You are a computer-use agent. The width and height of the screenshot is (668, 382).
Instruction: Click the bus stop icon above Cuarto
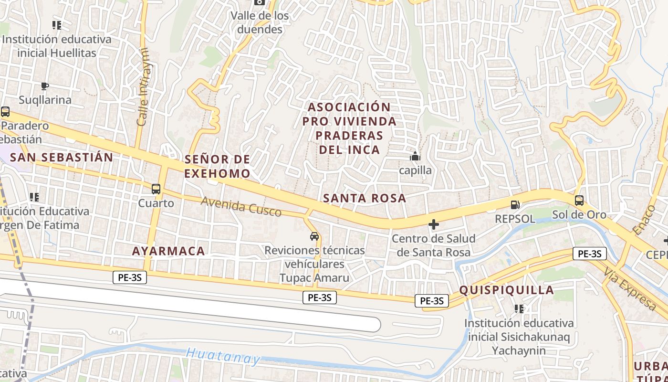pyautogui.click(x=156, y=189)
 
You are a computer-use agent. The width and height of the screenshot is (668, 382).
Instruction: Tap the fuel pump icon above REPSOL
pyautogui.click(x=515, y=205)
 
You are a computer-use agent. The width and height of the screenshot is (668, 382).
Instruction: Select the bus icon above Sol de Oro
pyautogui.click(x=579, y=201)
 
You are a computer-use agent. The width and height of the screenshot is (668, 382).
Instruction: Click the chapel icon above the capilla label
pyautogui.click(x=415, y=156)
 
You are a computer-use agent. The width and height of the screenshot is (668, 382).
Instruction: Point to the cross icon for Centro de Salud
pyautogui.click(x=434, y=224)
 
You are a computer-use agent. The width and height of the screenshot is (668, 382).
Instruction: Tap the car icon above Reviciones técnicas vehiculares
pyautogui.click(x=314, y=236)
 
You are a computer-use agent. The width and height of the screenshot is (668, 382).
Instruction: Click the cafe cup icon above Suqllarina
pyautogui.click(x=45, y=86)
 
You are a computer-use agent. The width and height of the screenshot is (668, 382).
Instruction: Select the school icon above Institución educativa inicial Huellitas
pyautogui.click(x=57, y=25)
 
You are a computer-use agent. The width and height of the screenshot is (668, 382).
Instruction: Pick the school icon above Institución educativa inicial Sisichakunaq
pyautogui.click(x=519, y=308)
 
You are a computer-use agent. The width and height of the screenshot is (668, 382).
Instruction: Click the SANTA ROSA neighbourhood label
pyautogui.click(x=365, y=198)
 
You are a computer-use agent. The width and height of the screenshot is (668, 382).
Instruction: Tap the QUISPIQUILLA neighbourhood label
pyautogui.click(x=506, y=290)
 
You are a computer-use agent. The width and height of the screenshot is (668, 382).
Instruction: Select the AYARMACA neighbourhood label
pyautogui.click(x=168, y=251)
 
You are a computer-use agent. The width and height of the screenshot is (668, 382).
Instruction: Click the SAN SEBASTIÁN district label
pyautogui.click(x=62, y=157)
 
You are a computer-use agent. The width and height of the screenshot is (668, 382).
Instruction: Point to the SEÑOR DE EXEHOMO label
pyautogui.click(x=217, y=166)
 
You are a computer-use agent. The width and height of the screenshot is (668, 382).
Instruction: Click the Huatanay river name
pyautogui.click(x=223, y=356)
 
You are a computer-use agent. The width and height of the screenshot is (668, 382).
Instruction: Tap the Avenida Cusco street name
pyautogui.click(x=241, y=206)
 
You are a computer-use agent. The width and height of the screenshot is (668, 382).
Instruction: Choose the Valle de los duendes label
pyautogui.click(x=260, y=22)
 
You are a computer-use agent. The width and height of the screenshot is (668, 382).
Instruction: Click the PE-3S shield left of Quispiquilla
pyautogui.click(x=432, y=300)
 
